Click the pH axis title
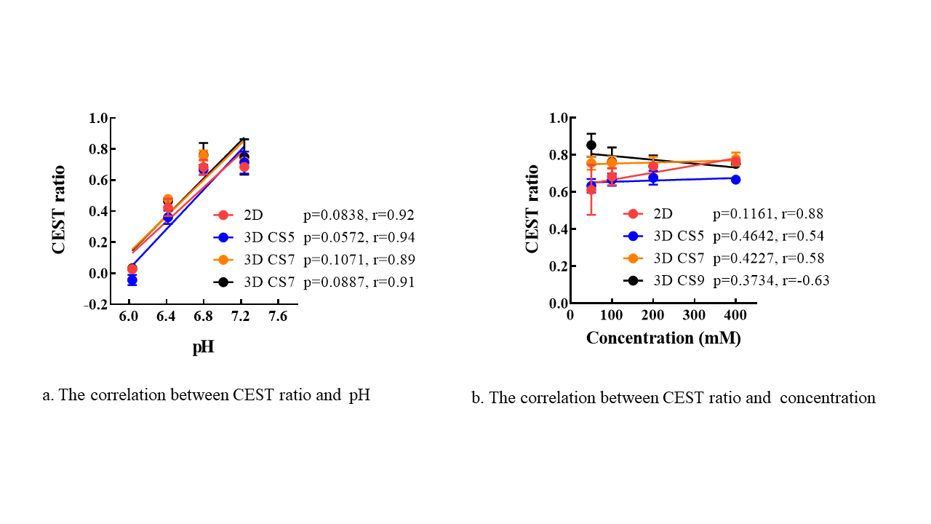point(203,347)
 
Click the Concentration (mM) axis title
point(663,338)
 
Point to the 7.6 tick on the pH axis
point(278,317)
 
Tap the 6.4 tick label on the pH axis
point(167,317)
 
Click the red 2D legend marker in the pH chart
point(223,215)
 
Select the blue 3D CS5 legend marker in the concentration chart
point(633,236)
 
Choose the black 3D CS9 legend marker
point(633,280)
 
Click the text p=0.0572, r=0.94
point(359,237)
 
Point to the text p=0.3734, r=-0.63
point(771,280)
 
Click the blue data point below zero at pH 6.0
point(132,280)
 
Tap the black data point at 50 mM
point(591,145)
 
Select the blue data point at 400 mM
point(736,179)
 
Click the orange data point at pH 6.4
point(167,199)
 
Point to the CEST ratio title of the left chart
point(59,210)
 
